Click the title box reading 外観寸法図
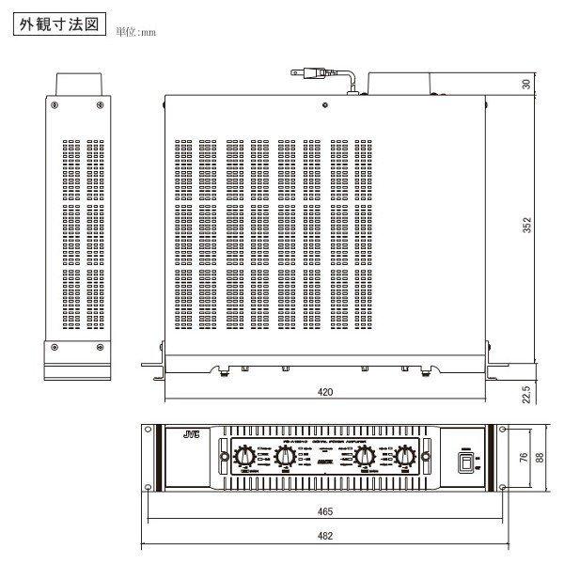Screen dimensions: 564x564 (58, 24)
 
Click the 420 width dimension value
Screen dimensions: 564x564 (324, 390)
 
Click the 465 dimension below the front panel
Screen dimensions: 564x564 (323, 512)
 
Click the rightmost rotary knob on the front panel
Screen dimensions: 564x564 (405, 456)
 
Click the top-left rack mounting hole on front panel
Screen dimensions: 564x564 (149, 433)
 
